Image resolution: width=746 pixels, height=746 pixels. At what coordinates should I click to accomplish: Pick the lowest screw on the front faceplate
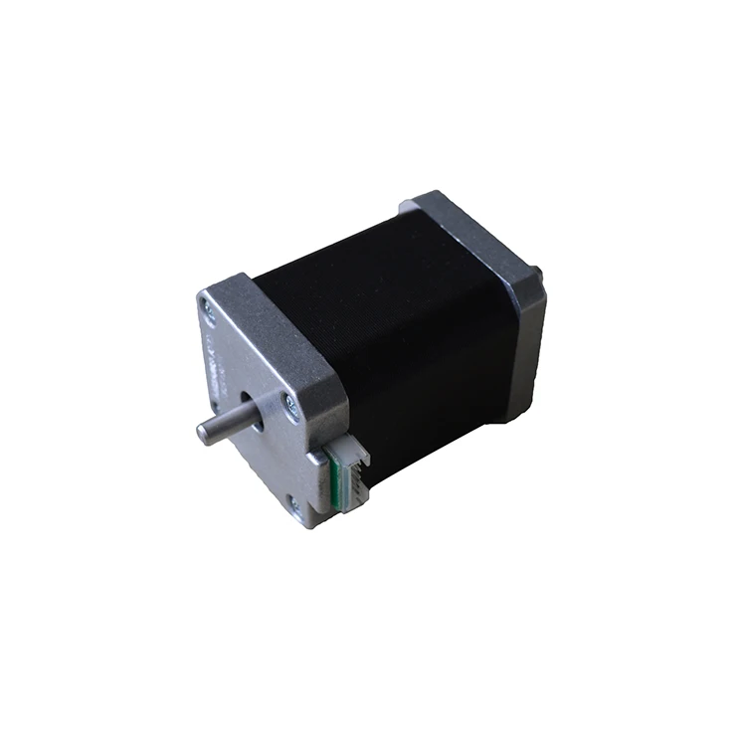click(293, 505)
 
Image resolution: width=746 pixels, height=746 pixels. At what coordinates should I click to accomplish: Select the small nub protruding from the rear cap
click(537, 271)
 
